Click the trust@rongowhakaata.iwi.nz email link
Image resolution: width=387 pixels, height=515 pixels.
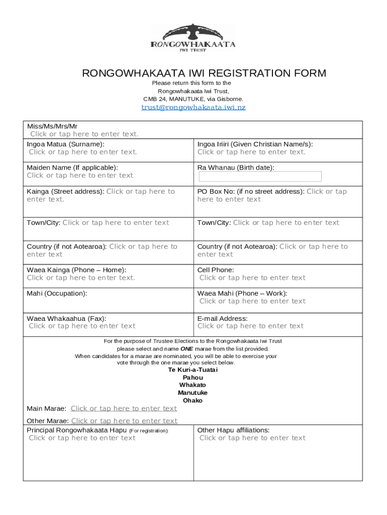coord(193,107)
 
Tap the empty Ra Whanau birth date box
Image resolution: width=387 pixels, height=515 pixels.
coord(260,177)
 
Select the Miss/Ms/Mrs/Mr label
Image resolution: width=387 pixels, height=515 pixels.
coord(52,126)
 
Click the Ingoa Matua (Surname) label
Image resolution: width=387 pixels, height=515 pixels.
coord(66,144)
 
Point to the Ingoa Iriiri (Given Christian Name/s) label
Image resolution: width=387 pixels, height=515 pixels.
coord(258,144)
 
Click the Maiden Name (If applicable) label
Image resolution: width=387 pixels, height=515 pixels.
coord(72,167)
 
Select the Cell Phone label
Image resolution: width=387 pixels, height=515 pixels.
coord(216,270)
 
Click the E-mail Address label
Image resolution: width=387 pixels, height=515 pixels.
coord(222,318)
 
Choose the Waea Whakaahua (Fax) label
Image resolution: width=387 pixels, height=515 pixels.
coord(66,318)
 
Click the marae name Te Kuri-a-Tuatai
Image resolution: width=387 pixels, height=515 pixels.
coord(193,370)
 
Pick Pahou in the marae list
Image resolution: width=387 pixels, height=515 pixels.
coord(193,378)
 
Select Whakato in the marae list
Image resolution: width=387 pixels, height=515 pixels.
coord(193,385)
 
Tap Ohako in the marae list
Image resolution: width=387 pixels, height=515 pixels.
coord(193,401)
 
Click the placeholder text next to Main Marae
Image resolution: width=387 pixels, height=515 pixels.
coord(124,408)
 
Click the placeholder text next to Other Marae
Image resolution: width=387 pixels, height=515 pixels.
coord(124,421)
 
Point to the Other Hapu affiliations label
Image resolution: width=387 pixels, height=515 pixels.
coord(233,430)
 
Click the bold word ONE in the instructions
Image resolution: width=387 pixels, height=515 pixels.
coord(187,349)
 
